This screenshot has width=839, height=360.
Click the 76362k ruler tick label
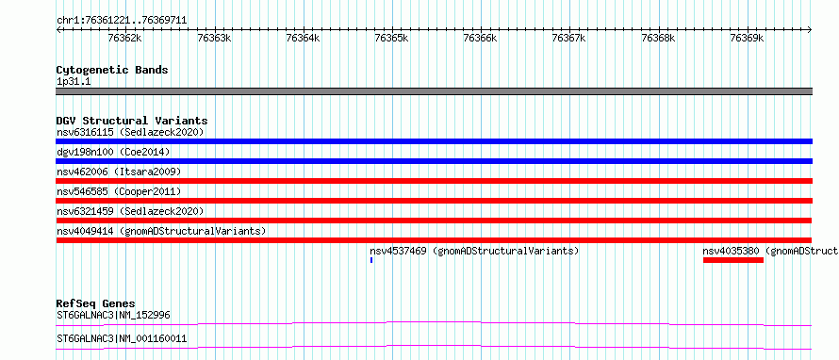pyautogui.click(x=125, y=38)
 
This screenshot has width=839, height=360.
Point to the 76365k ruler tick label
pyautogui.click(x=391, y=38)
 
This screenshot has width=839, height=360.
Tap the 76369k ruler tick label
pyautogui.click(x=747, y=38)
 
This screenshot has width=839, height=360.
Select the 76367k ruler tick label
pyautogui.click(x=568, y=38)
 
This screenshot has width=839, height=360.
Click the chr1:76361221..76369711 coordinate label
pyautogui.click(x=122, y=21)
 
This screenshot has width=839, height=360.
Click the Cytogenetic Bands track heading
pyautogui.click(x=112, y=70)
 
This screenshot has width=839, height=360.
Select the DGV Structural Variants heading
pyautogui.click(x=132, y=121)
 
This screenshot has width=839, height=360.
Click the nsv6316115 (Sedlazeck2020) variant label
pyautogui.click(x=130, y=132)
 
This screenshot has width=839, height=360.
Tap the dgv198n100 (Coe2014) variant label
pyautogui.click(x=113, y=152)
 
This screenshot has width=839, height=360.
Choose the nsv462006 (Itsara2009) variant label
pyautogui.click(x=119, y=172)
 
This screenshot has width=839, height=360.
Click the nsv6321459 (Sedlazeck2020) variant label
pyautogui.click(x=130, y=211)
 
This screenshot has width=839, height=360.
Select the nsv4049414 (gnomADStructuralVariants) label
pyautogui.click(x=161, y=231)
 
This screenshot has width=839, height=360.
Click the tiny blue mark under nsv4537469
pyautogui.click(x=370, y=260)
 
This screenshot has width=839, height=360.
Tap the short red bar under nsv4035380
pyautogui.click(x=733, y=260)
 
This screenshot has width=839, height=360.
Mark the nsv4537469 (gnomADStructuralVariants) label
pyautogui.click(x=474, y=251)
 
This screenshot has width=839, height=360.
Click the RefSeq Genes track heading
pyautogui.click(x=96, y=303)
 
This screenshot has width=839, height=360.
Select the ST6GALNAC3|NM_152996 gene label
pyautogui.click(x=113, y=315)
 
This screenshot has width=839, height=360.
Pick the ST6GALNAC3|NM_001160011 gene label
pyautogui.click(x=122, y=338)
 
